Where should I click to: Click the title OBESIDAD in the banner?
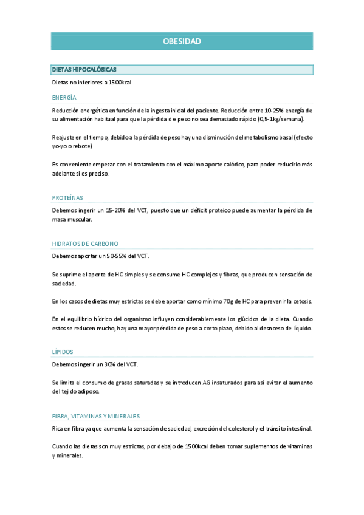[182, 41]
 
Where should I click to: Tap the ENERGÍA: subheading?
[64, 97]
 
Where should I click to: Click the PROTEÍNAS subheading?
[67, 198]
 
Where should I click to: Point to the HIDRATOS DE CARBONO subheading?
[85, 244]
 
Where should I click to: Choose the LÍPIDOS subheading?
[63, 352]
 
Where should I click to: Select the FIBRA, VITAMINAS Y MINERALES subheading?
[96, 416]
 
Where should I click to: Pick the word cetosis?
[300, 301]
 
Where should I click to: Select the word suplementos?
[249, 446]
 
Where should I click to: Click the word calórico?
[236, 165]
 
